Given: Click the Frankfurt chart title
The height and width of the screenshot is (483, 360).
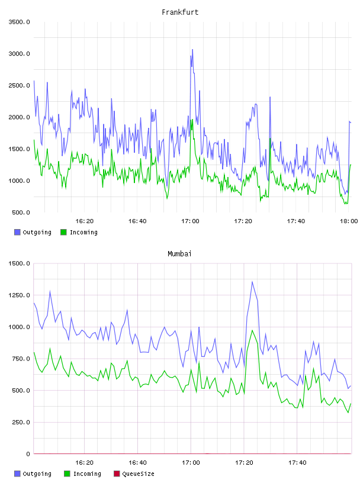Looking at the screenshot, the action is [x=180, y=12].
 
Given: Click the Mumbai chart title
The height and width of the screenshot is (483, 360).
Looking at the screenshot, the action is [x=179, y=254].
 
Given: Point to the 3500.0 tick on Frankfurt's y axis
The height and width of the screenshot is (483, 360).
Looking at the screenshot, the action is [x=19, y=22].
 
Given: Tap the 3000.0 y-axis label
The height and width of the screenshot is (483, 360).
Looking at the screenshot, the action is [x=19, y=54].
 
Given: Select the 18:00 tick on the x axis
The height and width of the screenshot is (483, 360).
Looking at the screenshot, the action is [x=349, y=221].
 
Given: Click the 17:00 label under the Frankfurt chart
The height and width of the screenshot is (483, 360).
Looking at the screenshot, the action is [x=190, y=221].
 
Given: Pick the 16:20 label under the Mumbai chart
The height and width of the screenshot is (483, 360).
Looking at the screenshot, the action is [x=85, y=462].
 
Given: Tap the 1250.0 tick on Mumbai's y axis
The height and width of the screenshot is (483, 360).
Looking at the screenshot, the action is [x=19, y=295].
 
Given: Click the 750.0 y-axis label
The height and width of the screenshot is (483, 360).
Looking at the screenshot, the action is [x=21, y=359].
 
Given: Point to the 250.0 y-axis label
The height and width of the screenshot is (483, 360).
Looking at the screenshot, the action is [x=21, y=422].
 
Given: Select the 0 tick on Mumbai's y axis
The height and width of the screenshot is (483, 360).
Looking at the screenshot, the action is [x=28, y=454].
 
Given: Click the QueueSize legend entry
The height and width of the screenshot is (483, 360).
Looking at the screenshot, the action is [x=138, y=474].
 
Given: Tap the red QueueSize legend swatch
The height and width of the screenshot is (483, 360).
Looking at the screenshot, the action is [x=117, y=474].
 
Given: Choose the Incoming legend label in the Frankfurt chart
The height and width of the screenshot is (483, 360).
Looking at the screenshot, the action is [x=83, y=232].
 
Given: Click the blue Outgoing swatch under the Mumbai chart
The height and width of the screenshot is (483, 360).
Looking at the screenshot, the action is [x=17, y=474].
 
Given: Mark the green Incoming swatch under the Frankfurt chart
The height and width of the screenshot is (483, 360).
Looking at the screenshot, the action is [x=63, y=232].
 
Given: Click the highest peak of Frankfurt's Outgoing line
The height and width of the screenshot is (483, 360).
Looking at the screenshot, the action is [x=192, y=49].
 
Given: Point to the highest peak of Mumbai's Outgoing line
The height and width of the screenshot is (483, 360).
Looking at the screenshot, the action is [x=252, y=281].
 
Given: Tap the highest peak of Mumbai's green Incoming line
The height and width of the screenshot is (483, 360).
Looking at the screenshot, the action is [x=252, y=330].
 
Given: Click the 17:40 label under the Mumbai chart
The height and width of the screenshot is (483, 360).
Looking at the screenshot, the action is [x=297, y=462].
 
